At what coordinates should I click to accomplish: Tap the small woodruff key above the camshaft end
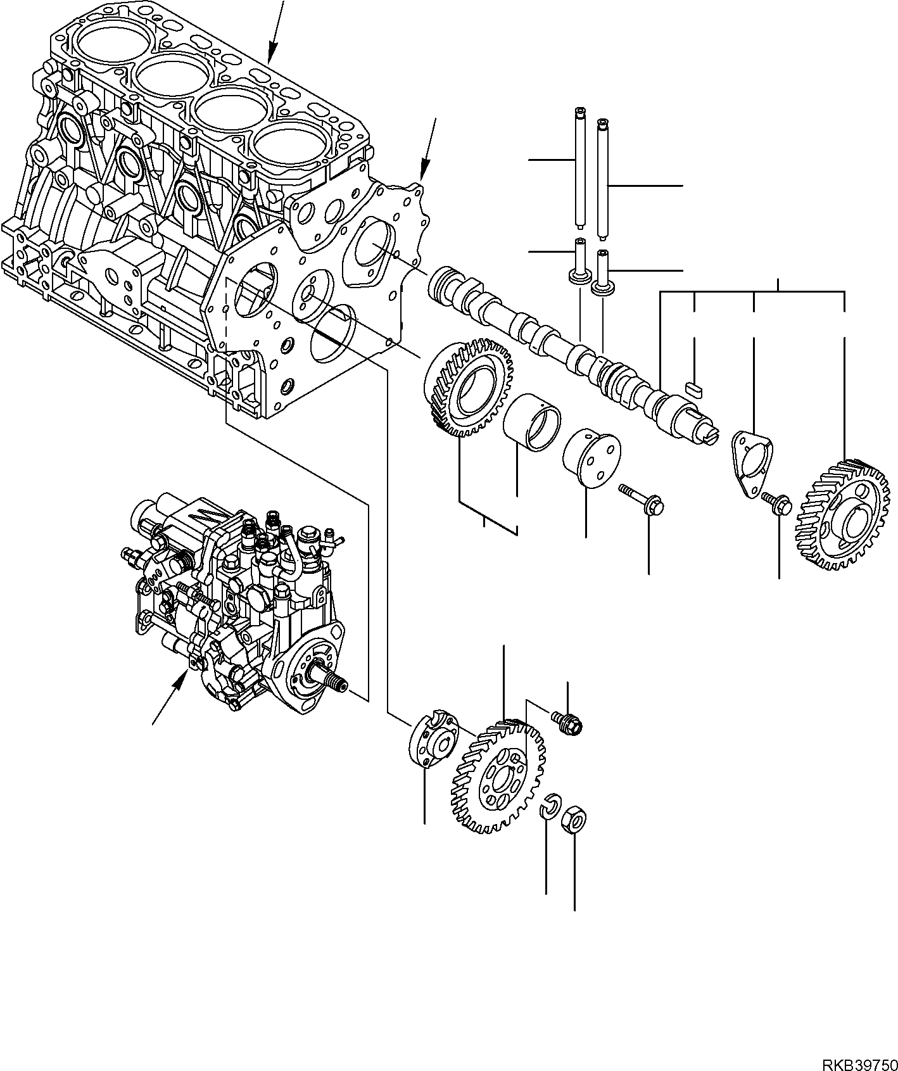[694, 388]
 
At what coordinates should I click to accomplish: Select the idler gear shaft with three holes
[591, 460]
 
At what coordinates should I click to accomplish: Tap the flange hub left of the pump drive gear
[432, 737]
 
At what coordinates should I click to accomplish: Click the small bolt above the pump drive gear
[568, 722]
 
